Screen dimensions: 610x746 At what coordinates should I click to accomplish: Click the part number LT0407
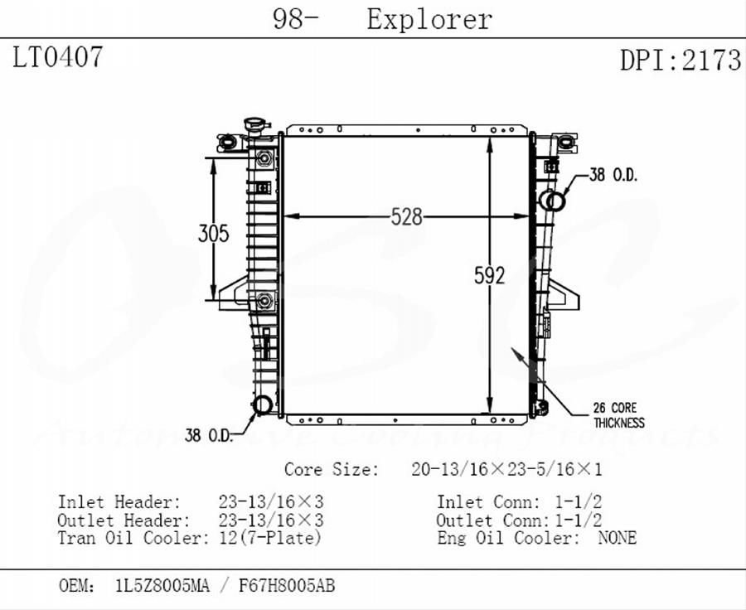[58, 58]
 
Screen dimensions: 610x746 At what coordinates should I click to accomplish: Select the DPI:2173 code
[680, 60]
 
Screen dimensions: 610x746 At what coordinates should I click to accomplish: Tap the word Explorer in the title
[429, 19]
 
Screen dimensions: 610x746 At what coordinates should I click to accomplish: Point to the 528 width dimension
[407, 217]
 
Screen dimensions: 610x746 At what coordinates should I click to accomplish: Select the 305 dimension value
[213, 234]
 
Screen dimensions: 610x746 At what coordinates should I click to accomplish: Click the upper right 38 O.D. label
[612, 175]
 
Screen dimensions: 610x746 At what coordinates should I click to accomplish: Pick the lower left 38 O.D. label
[208, 435]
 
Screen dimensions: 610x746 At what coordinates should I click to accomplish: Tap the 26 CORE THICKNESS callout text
[618, 414]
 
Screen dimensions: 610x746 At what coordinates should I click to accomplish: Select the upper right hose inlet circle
[555, 201]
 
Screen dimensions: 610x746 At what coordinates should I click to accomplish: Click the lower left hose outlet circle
[262, 404]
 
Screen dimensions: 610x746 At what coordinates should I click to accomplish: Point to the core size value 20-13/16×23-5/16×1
[506, 469]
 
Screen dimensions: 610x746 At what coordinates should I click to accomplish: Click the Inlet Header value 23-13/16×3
[270, 502]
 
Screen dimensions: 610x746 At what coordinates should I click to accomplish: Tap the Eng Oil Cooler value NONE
[617, 538]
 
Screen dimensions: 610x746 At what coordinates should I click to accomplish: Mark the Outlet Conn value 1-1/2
[577, 520]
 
